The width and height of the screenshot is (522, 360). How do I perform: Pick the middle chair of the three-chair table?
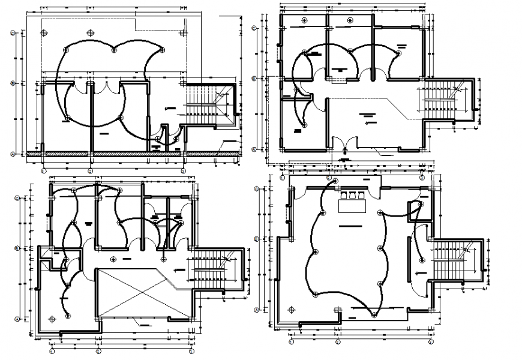pos(352,195)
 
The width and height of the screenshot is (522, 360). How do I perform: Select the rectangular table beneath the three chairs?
pos(353,206)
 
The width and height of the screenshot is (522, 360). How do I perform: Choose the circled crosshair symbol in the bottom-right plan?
pos(337,311)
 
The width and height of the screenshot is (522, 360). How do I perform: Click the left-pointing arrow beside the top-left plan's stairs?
pos(170,109)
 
